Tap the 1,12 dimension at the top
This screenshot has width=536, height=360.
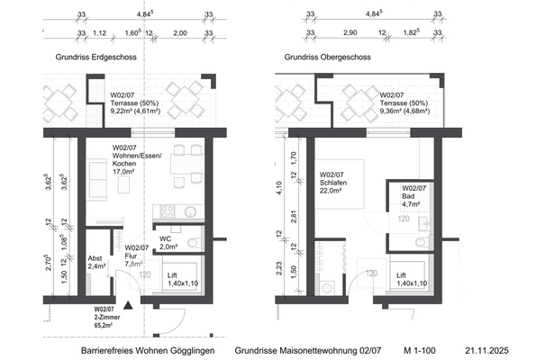coord(100,33)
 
